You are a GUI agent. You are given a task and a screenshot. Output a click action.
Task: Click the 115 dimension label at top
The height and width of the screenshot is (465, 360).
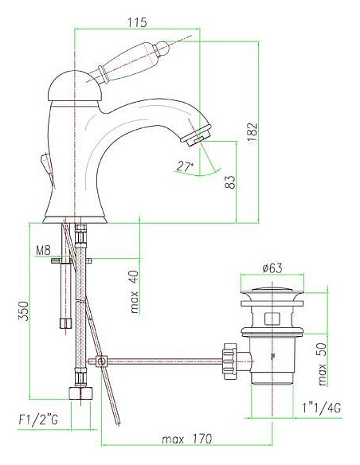137,22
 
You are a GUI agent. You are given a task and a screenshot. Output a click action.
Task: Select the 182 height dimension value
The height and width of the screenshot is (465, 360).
252,132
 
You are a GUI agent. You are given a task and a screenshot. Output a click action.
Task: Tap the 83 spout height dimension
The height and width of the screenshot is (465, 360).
230,182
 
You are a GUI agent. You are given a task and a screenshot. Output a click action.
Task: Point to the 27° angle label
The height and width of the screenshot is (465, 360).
185,166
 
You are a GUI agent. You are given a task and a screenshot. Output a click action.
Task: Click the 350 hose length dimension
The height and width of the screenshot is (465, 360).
24,311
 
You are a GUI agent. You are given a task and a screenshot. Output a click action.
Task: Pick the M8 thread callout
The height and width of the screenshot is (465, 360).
43,251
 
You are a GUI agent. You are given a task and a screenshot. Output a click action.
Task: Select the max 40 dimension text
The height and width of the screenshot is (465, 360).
135,291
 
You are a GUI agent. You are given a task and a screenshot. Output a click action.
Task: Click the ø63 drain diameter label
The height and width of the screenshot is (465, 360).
272,268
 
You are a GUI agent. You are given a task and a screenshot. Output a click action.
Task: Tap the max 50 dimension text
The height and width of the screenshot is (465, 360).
323,364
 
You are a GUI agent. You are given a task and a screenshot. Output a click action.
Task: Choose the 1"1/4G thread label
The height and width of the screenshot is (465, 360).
322,408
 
